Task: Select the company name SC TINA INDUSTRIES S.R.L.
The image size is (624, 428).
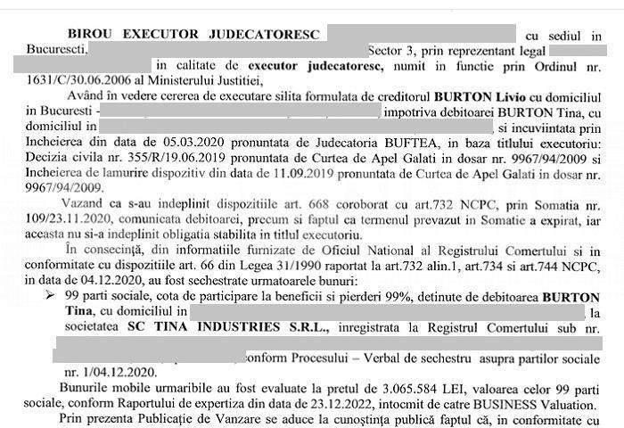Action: (226, 328)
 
